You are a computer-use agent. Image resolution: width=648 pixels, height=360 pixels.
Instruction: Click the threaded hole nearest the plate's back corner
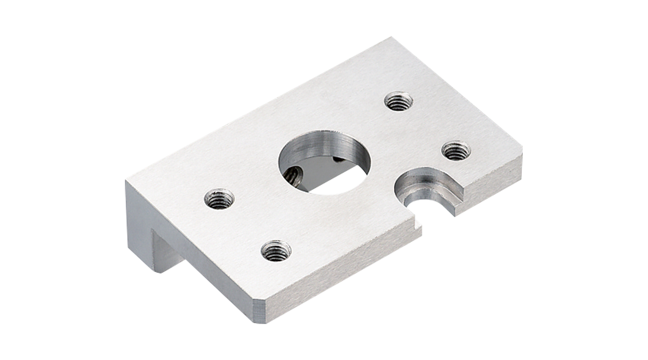[x=398, y=102]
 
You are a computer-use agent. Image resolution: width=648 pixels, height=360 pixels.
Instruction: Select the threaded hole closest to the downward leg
[x=219, y=199]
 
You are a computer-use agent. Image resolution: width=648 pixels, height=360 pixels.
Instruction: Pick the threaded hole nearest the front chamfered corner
[x=276, y=251]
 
